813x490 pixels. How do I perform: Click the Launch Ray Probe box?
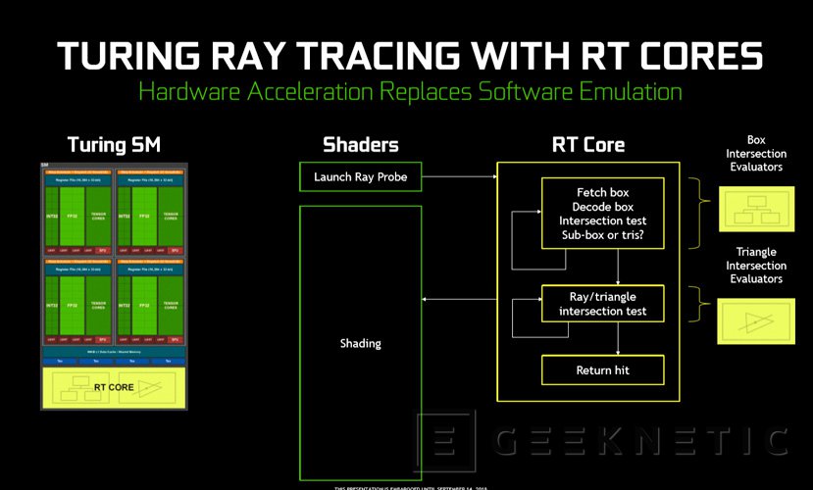tap(359, 176)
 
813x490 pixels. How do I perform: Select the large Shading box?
tap(359, 343)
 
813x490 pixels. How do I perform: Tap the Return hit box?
tap(602, 370)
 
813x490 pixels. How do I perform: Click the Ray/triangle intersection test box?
tap(602, 304)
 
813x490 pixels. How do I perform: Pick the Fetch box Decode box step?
tap(602, 213)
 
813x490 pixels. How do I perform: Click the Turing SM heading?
tap(114, 145)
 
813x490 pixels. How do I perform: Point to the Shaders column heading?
tap(360, 145)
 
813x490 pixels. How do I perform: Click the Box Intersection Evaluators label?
tap(756, 154)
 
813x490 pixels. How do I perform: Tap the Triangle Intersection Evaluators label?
tap(756, 265)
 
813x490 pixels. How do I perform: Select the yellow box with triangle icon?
tap(757, 320)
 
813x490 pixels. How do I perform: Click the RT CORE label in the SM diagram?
tap(114, 386)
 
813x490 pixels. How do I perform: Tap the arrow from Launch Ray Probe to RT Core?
tap(458, 176)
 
